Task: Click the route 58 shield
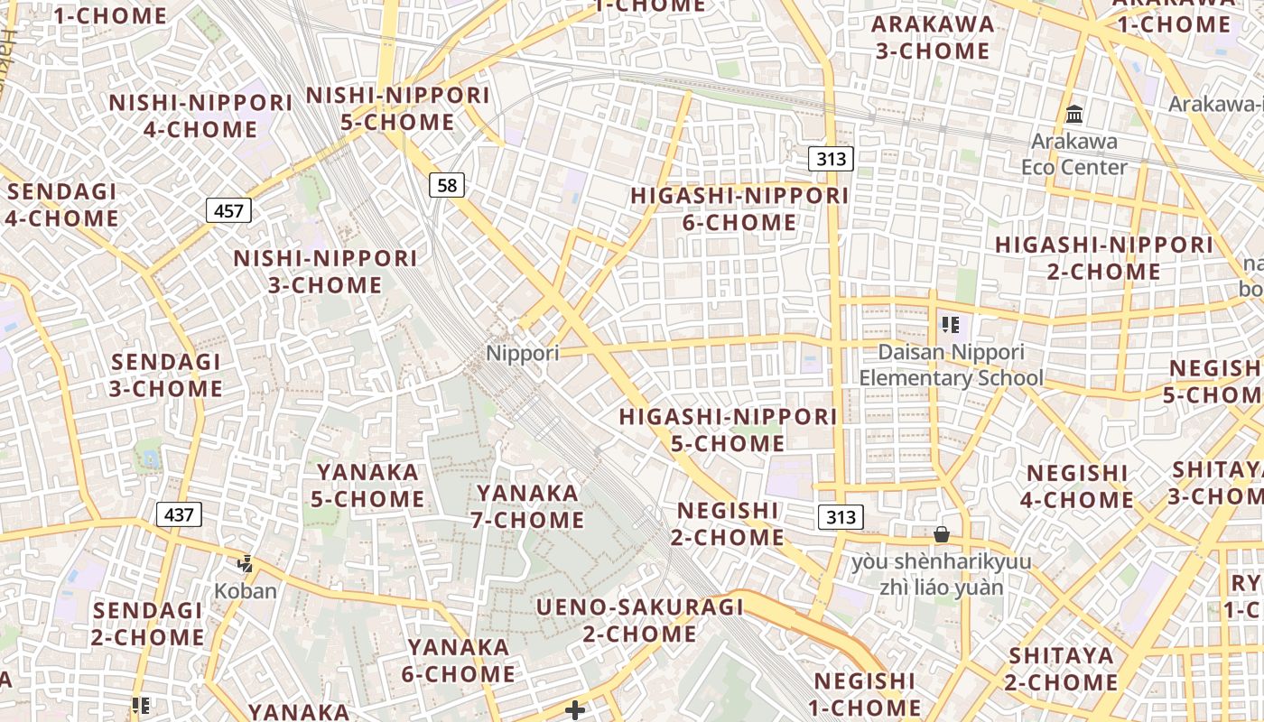tap(446, 186)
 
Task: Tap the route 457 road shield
tap(229, 211)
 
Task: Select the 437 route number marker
tap(179, 515)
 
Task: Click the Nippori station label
tap(523, 353)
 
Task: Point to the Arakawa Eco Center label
tap(1074, 154)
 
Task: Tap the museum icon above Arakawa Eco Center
tap(1074, 115)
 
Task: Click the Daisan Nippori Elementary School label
tap(951, 365)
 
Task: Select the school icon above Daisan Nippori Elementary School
tap(949, 325)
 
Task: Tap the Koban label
tap(246, 591)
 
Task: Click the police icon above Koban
tap(245, 565)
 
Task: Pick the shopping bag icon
tap(942, 534)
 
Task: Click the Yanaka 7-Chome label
tap(527, 506)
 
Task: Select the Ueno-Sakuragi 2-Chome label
tap(639, 620)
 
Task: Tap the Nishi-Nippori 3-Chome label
tap(325, 272)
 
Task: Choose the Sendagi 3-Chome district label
tap(166, 375)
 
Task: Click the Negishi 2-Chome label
tap(728, 523)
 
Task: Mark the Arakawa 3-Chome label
tap(934, 37)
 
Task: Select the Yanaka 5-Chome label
tap(367, 486)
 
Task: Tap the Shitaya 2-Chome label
tap(1062, 669)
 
